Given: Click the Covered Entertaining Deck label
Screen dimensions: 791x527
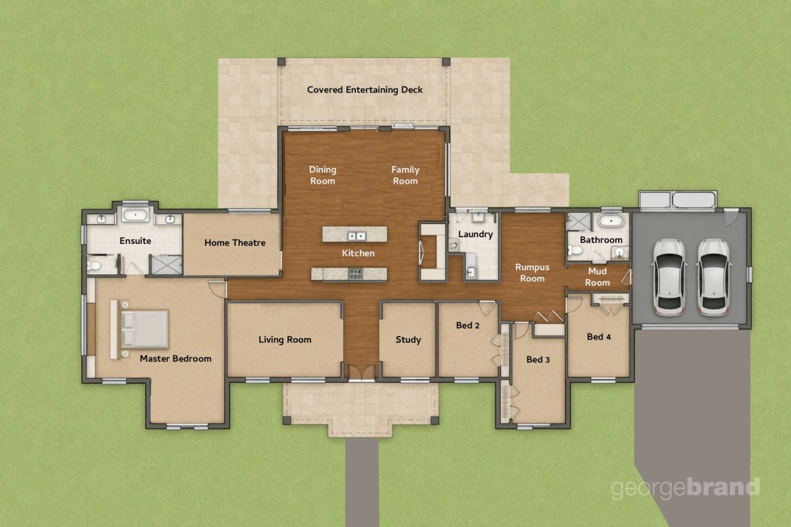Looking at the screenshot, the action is pyautogui.click(x=365, y=90).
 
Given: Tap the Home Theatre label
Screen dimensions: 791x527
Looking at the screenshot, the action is pyautogui.click(x=235, y=243).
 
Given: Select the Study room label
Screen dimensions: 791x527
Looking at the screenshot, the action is pyautogui.click(x=408, y=340).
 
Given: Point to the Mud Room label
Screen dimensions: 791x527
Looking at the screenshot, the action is pyautogui.click(x=597, y=277).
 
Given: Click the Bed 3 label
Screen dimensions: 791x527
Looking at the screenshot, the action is pyautogui.click(x=538, y=360).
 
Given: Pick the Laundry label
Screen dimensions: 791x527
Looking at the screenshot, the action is pyautogui.click(x=475, y=235).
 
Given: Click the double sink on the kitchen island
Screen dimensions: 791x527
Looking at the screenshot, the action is pyautogui.click(x=356, y=236).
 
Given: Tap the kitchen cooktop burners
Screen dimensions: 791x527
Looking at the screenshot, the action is pyautogui.click(x=355, y=274).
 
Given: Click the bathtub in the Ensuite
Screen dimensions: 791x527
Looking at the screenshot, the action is pyautogui.click(x=135, y=215).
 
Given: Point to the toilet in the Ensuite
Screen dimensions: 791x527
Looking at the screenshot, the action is pyautogui.click(x=94, y=265).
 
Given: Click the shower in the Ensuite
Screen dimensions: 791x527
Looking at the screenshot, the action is pyautogui.click(x=166, y=265).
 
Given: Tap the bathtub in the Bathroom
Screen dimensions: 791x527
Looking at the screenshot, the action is pyautogui.click(x=611, y=221).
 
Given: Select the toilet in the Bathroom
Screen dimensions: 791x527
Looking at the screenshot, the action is pyautogui.click(x=575, y=250).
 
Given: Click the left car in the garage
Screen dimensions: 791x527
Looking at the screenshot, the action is pyautogui.click(x=669, y=277).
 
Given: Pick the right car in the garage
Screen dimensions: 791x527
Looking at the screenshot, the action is pyautogui.click(x=714, y=277).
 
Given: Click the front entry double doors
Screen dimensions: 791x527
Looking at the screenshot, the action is pyautogui.click(x=362, y=373).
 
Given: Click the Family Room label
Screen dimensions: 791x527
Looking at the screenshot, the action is pyautogui.click(x=405, y=175).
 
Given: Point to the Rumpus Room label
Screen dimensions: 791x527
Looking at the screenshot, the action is pyautogui.click(x=532, y=273).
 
